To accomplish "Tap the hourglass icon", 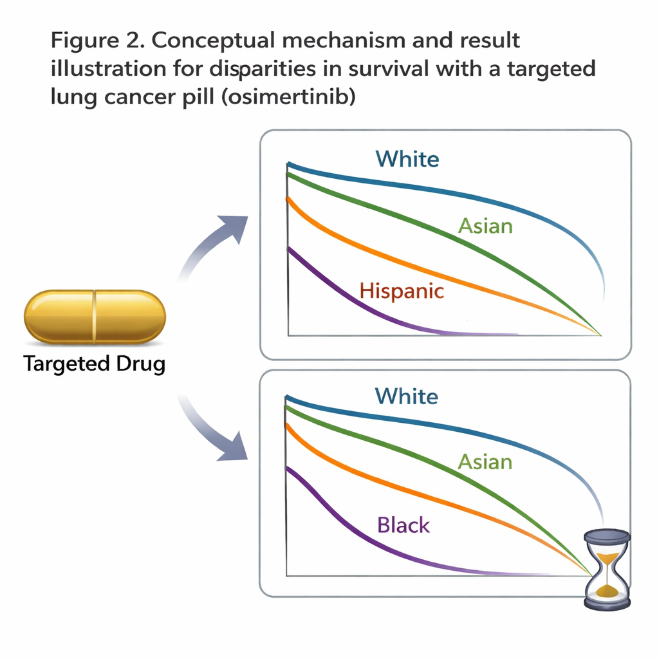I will tap(607, 569).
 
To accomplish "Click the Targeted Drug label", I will tap(95, 364).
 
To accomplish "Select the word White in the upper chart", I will tap(407, 159).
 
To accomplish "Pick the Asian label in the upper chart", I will tap(485, 226).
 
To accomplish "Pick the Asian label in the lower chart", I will tap(485, 462).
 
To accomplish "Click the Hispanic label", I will tap(402, 291).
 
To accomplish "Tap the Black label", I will tap(404, 525).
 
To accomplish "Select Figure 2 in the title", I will tap(97, 40).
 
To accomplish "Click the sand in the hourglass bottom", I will tap(607, 590).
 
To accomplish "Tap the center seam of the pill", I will tap(95, 316).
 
